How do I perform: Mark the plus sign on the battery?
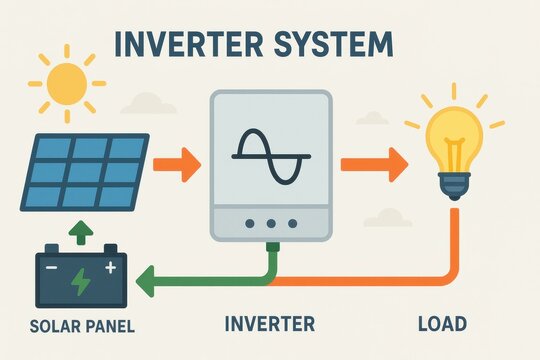click(x=110, y=266)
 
